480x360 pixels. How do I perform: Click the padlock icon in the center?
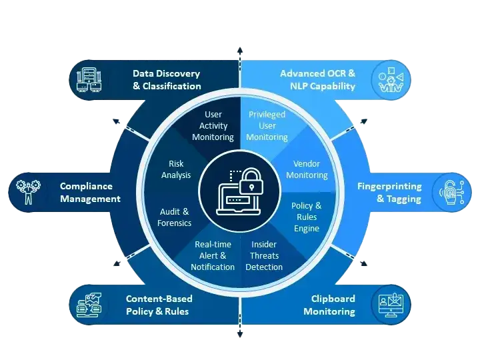coord(249,181)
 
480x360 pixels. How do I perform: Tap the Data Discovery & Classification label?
coord(166,80)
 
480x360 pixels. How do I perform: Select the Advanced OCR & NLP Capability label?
coord(317,80)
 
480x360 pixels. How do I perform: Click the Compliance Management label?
coord(90,192)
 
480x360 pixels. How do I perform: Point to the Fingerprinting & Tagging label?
coord(389,192)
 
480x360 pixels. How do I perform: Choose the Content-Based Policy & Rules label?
coord(157,305)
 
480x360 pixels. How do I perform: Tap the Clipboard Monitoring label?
coord(329,305)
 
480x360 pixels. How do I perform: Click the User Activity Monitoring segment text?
coord(213,125)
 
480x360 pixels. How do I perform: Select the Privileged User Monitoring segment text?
coord(267,125)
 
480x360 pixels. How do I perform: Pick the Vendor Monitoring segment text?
coord(311,169)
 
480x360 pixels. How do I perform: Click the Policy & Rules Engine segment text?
coord(307,217)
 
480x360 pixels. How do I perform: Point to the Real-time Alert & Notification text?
coord(213,256)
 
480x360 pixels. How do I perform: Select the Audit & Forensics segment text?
coord(175,217)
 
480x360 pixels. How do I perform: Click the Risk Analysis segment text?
coord(176,169)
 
